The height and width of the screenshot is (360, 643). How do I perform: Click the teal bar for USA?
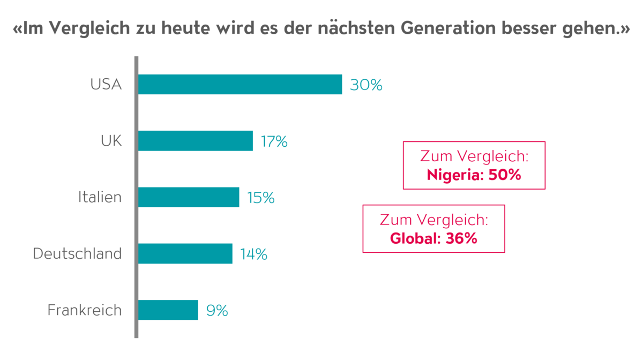point(240,85)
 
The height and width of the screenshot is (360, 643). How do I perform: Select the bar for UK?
point(195,141)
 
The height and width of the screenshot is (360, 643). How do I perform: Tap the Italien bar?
point(188,197)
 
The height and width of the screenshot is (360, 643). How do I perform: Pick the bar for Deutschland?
point(185,253)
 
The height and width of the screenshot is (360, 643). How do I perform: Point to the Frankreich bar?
point(168,310)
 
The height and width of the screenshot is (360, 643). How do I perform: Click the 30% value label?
point(366,85)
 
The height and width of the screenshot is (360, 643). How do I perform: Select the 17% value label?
point(274,141)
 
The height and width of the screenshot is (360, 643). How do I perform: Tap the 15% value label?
point(260,198)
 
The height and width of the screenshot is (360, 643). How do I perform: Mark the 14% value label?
point(253,254)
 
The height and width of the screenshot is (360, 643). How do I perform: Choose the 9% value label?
point(217,310)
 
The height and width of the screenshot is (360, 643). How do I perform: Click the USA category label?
point(106,85)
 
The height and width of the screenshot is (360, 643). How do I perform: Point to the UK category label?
point(111,141)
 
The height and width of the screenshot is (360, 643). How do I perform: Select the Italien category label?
point(100,197)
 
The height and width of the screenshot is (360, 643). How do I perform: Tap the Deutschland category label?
point(77,253)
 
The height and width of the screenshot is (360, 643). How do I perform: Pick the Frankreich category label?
point(85,310)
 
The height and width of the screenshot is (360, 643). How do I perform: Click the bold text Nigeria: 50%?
point(474,175)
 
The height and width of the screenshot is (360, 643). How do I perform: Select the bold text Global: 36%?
point(433,238)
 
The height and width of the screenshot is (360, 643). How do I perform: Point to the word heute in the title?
point(181,29)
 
